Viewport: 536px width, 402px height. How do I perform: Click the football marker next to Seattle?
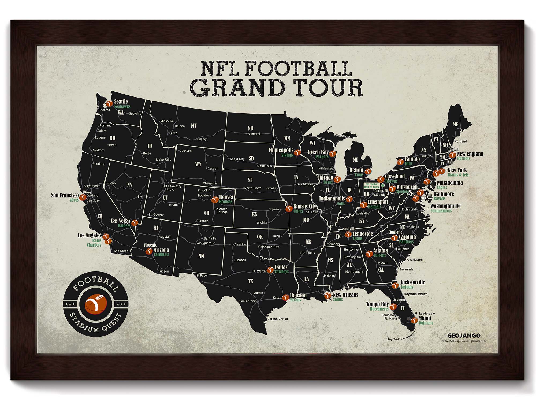[109, 104]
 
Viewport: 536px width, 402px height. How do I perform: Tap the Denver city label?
[226, 197]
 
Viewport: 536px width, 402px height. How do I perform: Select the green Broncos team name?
[226, 202]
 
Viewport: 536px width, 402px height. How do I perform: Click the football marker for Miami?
[414, 320]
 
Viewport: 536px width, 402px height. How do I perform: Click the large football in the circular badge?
[96, 304]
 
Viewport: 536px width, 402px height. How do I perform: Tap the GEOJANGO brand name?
[464, 336]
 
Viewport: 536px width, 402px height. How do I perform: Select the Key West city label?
[394, 339]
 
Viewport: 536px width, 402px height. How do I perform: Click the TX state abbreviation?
[251, 281]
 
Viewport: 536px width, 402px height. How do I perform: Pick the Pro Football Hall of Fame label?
[372, 185]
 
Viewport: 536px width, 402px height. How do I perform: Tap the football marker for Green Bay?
[332, 154]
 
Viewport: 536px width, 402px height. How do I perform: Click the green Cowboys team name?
[281, 271]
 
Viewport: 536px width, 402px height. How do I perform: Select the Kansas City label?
[305, 206]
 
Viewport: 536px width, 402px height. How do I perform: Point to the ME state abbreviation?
[455, 124]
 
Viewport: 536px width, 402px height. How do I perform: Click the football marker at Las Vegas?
[135, 223]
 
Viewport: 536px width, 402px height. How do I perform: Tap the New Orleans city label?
[345, 295]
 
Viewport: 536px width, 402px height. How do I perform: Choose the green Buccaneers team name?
[379, 309]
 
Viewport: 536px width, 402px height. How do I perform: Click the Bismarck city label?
[254, 134]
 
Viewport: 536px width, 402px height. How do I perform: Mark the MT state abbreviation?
[194, 125]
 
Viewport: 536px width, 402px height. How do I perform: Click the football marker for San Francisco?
[83, 197]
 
